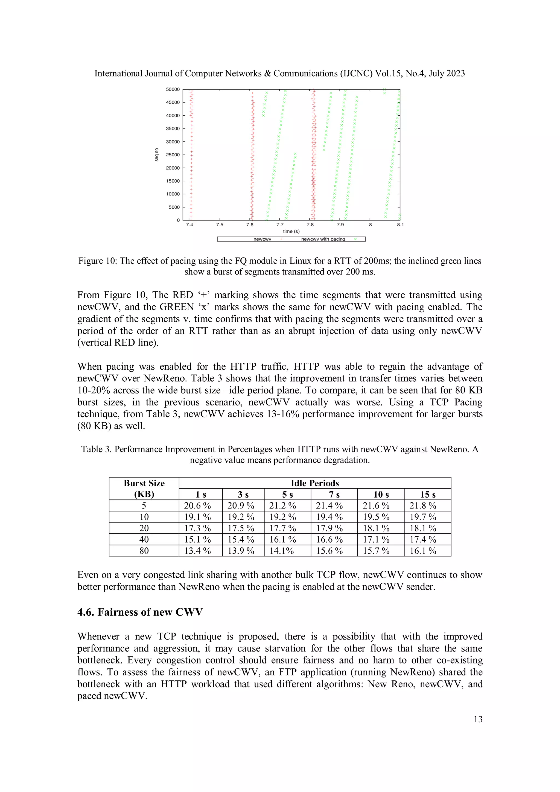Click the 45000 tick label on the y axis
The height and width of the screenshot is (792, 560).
(173, 103)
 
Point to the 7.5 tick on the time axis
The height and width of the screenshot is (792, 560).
(220, 224)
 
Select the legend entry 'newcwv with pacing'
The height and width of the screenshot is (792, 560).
(323, 239)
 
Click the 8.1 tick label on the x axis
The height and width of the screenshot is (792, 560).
(400, 224)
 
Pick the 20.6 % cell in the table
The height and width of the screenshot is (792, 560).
(197, 506)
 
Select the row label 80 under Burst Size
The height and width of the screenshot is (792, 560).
(144, 551)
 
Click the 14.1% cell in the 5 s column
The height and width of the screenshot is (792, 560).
(282, 551)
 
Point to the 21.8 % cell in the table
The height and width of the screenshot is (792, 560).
(423, 506)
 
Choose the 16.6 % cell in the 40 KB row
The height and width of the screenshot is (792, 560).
(329, 539)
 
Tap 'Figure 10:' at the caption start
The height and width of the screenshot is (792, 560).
(97, 261)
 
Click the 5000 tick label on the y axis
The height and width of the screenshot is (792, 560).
(174, 207)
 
